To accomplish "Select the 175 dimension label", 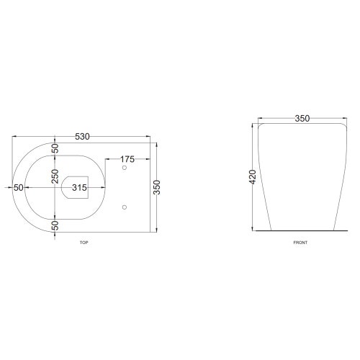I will pos(127,158).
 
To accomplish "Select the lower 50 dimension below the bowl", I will pos(54,225).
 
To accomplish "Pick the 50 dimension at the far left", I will pos(19,187).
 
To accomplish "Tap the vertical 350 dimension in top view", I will pos(156,187).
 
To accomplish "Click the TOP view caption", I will pos(84,243).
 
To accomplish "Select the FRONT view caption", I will pos(300,243).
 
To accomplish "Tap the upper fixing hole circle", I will pos(125,168).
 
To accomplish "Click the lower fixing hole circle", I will pos(125,207).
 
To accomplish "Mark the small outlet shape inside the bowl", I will pos(71,187).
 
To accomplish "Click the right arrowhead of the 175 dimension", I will pos(148,159).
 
